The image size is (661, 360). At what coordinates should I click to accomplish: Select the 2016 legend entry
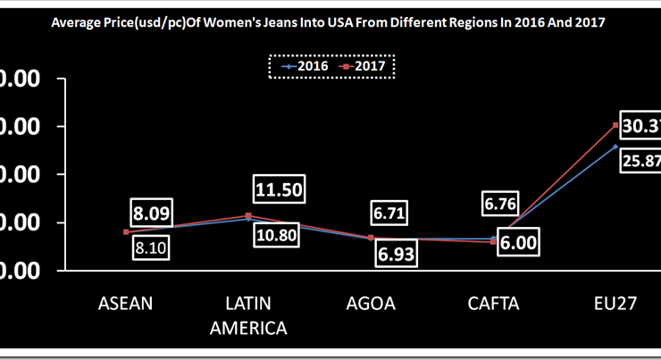click(x=304, y=65)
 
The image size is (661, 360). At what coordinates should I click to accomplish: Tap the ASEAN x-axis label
click(x=125, y=303)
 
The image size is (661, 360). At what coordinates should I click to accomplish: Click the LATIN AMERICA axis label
click(x=248, y=315)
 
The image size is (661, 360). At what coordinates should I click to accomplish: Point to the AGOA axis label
click(x=371, y=303)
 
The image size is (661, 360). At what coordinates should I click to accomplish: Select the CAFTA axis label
click(x=493, y=303)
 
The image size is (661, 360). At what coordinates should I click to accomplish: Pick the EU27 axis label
click(x=614, y=303)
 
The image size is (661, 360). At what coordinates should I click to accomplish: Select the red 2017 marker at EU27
click(x=615, y=125)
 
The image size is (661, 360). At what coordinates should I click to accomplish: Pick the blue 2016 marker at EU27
click(x=615, y=147)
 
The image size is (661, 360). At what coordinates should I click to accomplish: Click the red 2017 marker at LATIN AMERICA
click(x=247, y=215)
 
